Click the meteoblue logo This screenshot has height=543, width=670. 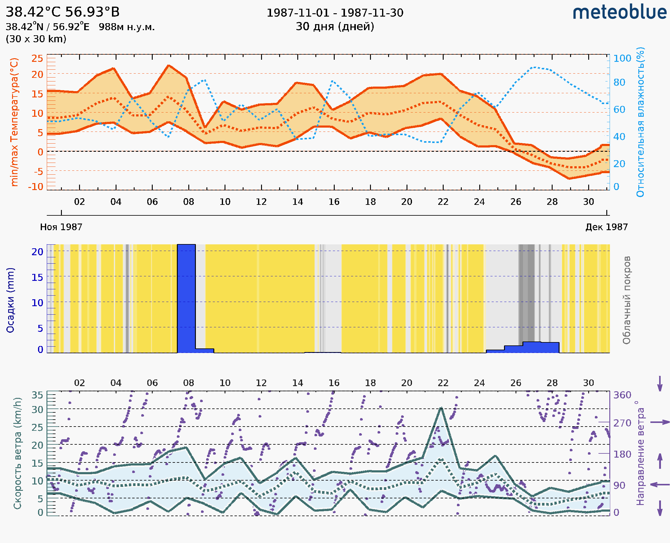click(x=620, y=12)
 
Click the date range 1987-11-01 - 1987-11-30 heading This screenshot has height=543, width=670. click(x=335, y=13)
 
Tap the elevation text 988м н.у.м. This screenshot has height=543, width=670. click(x=127, y=27)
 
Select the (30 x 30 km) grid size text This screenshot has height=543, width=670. click(x=36, y=39)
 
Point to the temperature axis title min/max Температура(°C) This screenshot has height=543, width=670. click(x=14, y=122)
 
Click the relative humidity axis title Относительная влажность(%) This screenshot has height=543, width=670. click(x=640, y=122)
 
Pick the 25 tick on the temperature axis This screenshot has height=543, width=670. click(x=37, y=58)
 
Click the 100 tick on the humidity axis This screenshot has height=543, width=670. click(x=622, y=58)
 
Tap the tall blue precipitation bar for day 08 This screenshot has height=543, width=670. click(x=186, y=298)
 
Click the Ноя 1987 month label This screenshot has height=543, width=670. click(x=61, y=227)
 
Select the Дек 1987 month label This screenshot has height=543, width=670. click(x=607, y=227)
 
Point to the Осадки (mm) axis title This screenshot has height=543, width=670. click(x=10, y=300)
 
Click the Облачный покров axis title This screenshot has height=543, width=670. click(x=627, y=300)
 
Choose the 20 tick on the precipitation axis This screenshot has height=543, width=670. click(x=37, y=252)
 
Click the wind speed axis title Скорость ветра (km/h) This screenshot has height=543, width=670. click(x=18, y=453)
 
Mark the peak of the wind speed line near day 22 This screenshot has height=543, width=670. click(x=441, y=408)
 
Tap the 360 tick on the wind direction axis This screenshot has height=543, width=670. click(x=622, y=395)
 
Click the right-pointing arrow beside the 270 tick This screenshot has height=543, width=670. click(x=660, y=422)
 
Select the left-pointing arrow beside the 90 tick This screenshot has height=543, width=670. click(x=660, y=484)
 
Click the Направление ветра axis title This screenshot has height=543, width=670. click(x=640, y=453)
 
